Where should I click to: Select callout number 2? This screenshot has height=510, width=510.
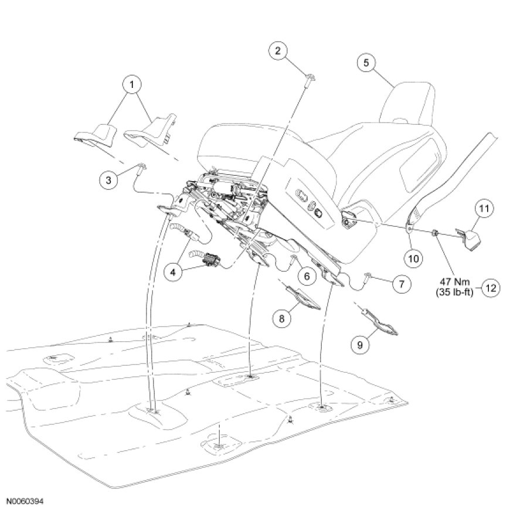278,51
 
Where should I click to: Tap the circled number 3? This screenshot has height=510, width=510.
108,180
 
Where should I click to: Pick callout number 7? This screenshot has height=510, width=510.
400,284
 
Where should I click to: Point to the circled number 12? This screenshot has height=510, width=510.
491,287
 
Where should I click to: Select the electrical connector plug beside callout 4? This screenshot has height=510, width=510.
211,260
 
